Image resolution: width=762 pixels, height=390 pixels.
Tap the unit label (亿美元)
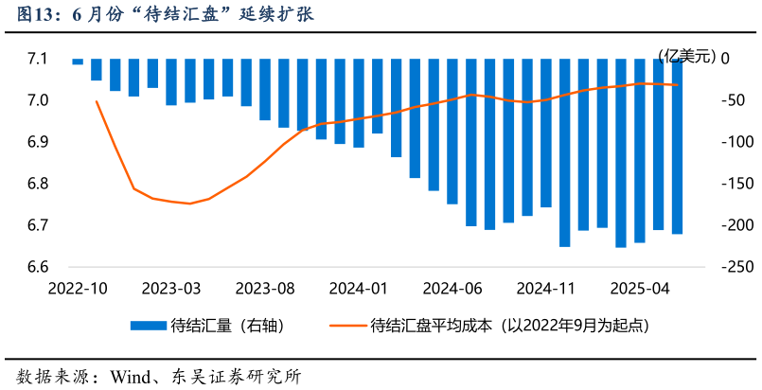coord(688,56)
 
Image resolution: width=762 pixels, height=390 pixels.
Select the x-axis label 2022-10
coord(79,288)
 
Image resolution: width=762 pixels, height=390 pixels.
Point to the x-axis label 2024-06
coord(452,288)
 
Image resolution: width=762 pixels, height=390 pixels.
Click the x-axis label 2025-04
coord(640,288)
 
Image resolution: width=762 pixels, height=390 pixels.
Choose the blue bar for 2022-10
coord(78,62)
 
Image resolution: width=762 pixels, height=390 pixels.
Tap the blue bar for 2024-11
coord(546,133)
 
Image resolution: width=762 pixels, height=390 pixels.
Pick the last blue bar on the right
coord(678,146)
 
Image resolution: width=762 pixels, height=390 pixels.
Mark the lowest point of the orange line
coord(190,204)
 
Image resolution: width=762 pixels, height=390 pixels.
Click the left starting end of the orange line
coord(97,101)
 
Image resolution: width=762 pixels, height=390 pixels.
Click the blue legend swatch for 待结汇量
coord(148,326)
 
